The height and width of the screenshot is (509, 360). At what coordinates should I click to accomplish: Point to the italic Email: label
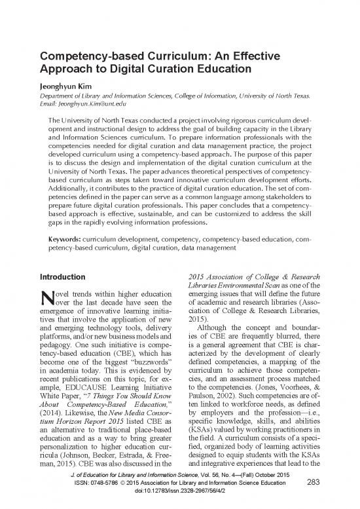(54, 103)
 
